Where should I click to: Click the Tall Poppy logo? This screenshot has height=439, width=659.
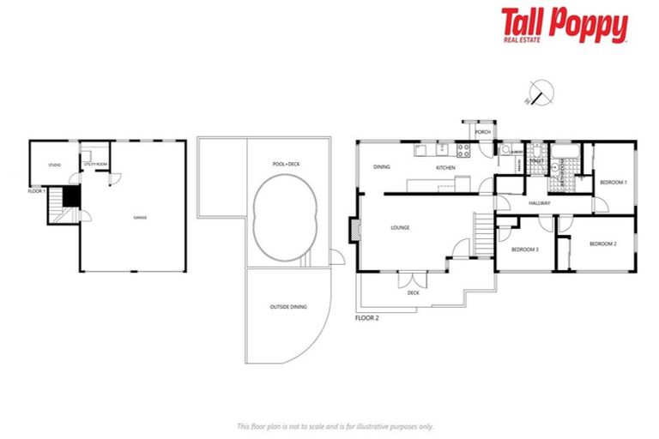coord(564,26)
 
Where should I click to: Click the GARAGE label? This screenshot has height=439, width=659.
coord(140,218)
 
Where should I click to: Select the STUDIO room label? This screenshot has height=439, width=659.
coord(54,165)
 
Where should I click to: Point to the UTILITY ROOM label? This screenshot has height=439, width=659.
coord(95,163)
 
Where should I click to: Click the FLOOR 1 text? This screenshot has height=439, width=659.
coord(36,190)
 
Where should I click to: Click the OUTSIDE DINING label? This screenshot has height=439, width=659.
coord(287,306)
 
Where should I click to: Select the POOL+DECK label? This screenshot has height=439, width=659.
coord(286,163)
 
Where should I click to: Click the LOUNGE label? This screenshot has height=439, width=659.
coord(400,227)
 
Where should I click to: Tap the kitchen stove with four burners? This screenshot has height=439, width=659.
coord(463,150)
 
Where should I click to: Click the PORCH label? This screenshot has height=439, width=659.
coord(482,132)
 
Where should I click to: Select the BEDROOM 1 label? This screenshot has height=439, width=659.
coord(613,182)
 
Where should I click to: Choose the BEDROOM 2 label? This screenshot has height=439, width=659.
coord(602,244)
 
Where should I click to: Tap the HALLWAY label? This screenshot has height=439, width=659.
coord(539,203)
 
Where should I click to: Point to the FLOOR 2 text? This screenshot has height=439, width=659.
coord(366,317)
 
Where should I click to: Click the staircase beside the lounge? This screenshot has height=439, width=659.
coord(484,234)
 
